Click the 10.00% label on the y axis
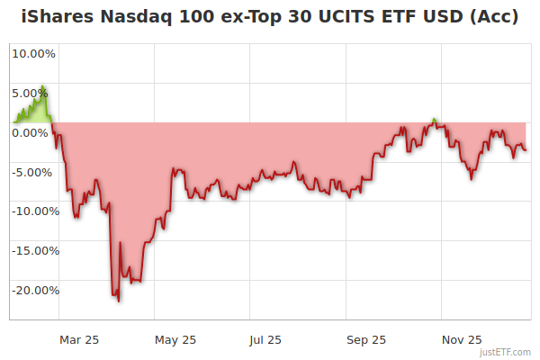[33, 53]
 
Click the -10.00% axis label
[33, 211]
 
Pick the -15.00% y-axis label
[33, 251]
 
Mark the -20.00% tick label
[33, 291]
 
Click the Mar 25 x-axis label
[78, 339]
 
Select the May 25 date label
[175, 339]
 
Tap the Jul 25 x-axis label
[265, 339]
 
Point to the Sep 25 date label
[366, 339]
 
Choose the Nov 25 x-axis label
[464, 339]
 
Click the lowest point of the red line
[119, 301]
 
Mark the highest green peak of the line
[42, 87]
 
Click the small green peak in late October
[435, 119]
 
